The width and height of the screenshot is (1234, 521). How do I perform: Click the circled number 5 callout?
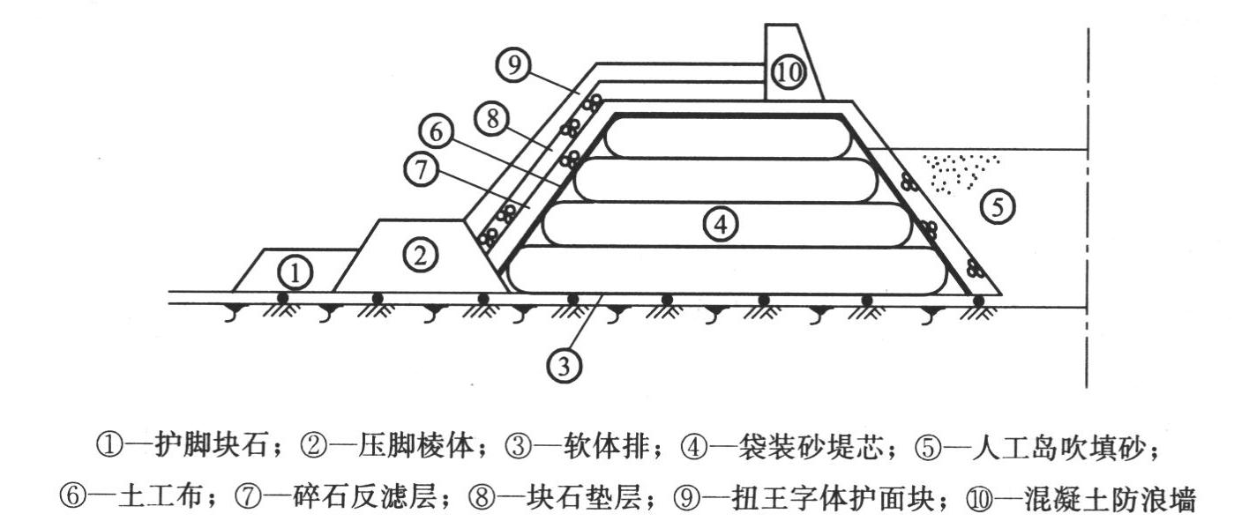point(1002,208)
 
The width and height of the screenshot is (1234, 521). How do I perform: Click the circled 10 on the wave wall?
point(788,74)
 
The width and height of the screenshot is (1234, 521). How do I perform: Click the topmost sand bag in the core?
point(728,137)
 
